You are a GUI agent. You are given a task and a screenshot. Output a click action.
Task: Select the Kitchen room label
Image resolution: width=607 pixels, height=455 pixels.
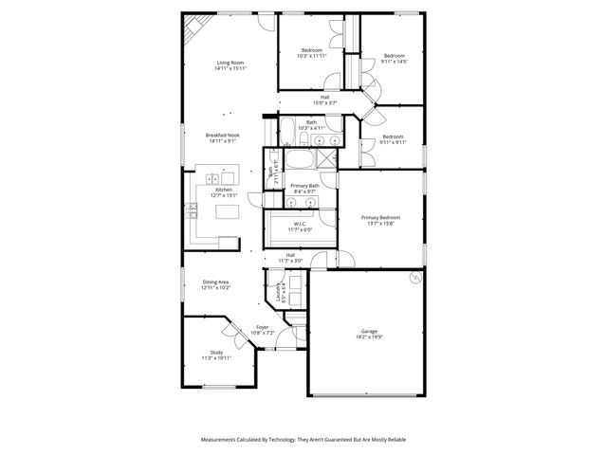pos(224,192)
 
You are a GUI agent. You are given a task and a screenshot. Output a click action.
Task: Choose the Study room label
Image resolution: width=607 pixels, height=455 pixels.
pos(216,355)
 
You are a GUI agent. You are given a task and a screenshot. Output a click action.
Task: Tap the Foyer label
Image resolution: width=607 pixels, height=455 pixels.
pos(262,330)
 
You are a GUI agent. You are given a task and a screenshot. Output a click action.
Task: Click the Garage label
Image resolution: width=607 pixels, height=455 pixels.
pos(368,334)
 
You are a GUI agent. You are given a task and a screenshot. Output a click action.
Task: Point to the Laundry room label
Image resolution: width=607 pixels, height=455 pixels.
pos(280,293)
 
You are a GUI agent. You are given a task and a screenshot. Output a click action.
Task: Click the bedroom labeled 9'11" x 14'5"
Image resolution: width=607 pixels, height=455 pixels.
pos(394,59)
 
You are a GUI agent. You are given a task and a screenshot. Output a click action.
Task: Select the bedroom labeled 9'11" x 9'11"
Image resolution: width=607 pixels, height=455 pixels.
pos(394,139)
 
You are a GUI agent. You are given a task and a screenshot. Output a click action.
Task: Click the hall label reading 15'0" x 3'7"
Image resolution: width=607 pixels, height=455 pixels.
pos(324,100)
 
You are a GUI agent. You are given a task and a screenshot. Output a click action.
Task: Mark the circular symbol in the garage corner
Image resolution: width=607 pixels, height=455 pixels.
pos(414,277)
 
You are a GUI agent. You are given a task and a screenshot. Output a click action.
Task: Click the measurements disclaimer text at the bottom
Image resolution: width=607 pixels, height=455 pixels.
pos(303,440)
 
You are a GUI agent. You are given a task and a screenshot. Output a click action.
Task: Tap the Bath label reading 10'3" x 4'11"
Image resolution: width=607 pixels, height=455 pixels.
pos(312,125)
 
